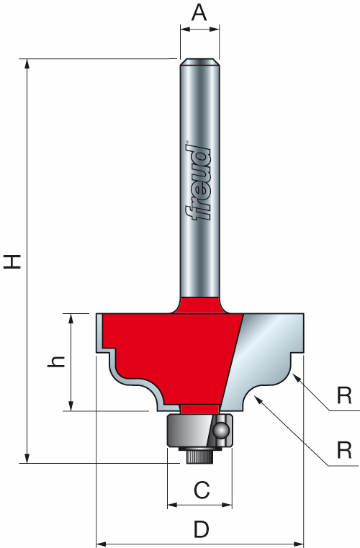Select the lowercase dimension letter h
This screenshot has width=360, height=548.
[58, 362]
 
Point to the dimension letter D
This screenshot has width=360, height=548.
[202, 531]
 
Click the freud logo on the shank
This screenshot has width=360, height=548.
[197, 184]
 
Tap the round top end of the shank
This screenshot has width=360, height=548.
[199, 63]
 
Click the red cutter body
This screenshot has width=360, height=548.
[166, 346]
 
